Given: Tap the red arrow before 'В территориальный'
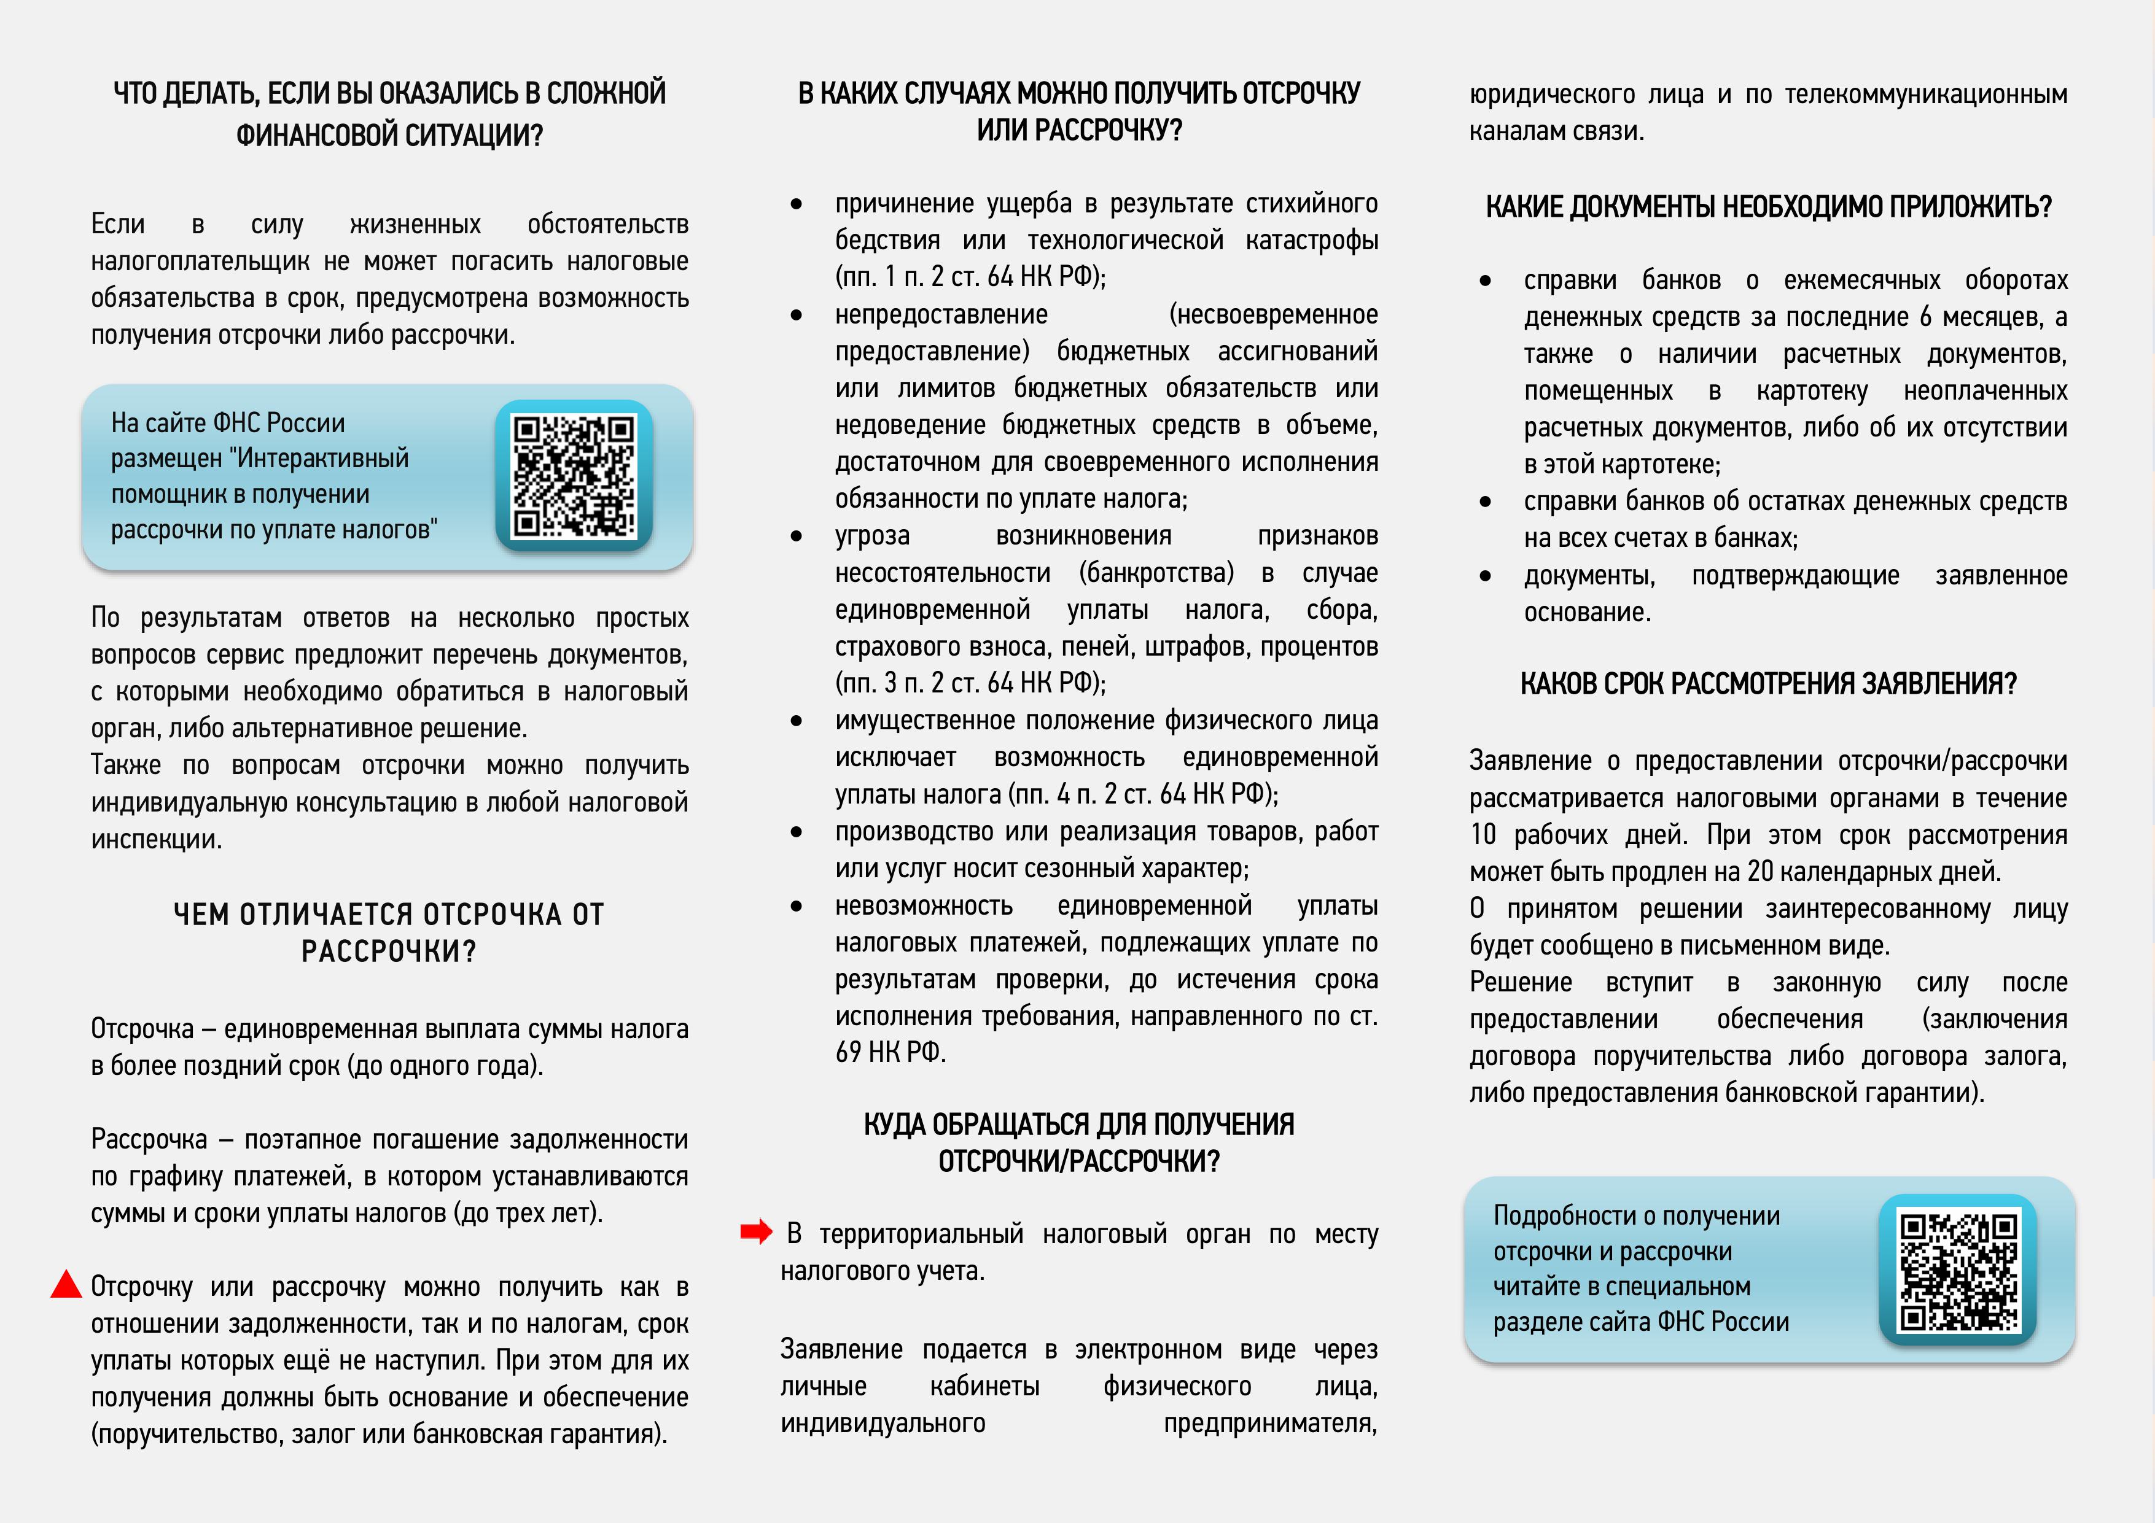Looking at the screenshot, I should click(755, 1231).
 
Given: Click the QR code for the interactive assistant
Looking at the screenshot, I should click(574, 476).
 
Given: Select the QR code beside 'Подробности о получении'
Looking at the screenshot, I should click(1958, 1269).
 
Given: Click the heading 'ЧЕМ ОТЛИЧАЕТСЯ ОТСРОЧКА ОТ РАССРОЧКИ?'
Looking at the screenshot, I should click(389, 932).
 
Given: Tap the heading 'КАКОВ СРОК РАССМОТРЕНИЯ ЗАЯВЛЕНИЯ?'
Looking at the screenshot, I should click(1768, 683).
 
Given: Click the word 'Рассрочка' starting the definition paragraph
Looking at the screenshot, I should click(148, 1139).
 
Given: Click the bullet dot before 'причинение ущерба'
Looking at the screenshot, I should click(796, 204).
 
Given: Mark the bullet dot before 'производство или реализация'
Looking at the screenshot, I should click(796, 831).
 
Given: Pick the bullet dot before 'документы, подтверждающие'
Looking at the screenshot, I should click(1485, 575).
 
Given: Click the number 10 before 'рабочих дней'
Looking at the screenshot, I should click(1483, 834).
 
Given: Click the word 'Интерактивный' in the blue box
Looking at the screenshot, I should click(323, 458).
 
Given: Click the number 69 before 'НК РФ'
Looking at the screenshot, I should click(849, 1052).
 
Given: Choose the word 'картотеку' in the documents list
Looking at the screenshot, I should click(1812, 390).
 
